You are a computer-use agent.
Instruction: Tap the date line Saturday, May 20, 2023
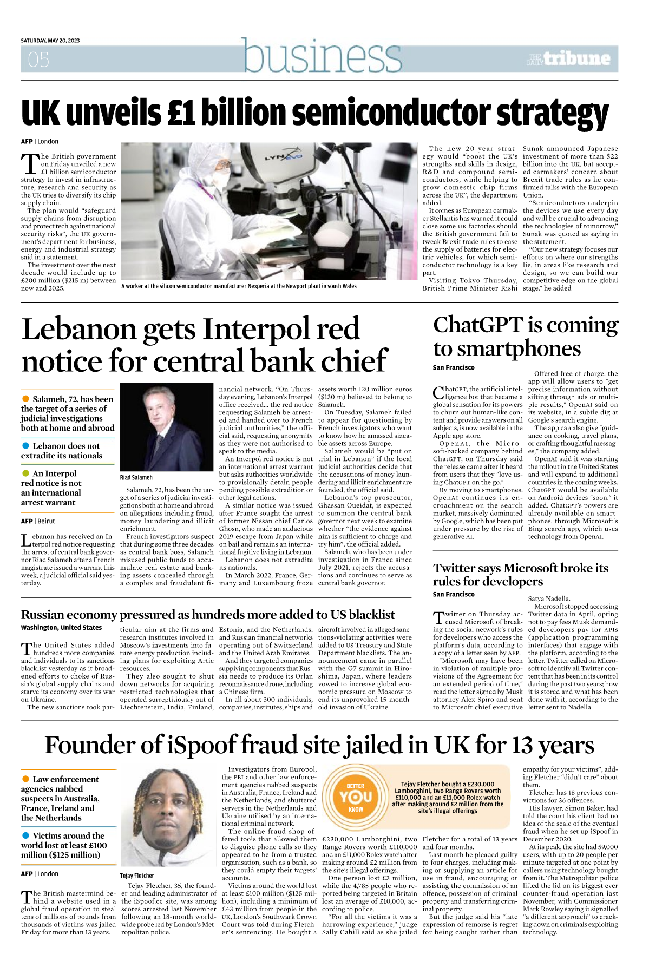[50, 41]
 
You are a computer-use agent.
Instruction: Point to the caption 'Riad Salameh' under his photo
[136, 477]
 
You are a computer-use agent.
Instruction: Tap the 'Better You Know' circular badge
[356, 797]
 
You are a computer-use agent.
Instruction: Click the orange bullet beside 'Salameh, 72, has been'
[25, 399]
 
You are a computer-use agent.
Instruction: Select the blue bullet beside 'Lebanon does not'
[25, 445]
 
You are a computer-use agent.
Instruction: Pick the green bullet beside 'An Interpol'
[25, 473]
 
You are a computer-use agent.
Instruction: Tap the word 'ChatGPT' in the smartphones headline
[478, 325]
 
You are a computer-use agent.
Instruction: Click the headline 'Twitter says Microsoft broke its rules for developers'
[520, 574]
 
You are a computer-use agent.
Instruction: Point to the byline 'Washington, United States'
[61, 628]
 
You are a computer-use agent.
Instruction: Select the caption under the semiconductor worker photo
[239, 286]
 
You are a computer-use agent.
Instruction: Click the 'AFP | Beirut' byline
[38, 521]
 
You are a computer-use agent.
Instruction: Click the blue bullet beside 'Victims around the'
[25, 835]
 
